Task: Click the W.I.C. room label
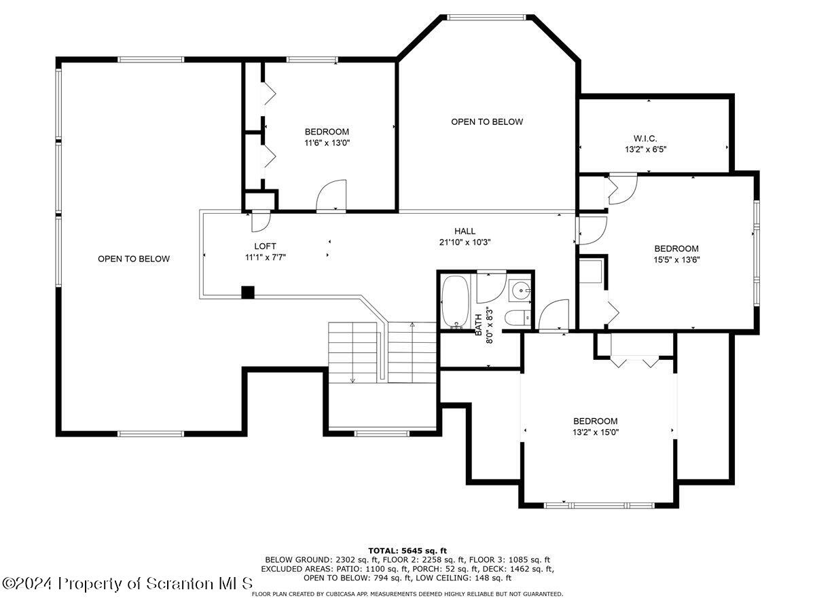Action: tap(645, 138)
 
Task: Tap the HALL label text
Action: tap(465, 231)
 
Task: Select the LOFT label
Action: tap(265, 246)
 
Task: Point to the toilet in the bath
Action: tap(518, 317)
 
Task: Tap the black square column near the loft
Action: tap(248, 293)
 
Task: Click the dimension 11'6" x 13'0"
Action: tap(327, 143)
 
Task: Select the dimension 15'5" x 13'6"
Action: tap(676, 260)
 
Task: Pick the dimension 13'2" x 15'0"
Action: tap(595, 432)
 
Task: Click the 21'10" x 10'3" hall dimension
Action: tap(465, 242)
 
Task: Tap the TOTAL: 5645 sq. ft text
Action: tap(407, 551)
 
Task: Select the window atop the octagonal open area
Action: tap(486, 17)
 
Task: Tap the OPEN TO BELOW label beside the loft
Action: tap(134, 259)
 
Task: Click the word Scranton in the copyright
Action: tap(179, 584)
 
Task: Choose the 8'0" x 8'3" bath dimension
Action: tap(490, 326)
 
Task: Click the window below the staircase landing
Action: tap(382, 433)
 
